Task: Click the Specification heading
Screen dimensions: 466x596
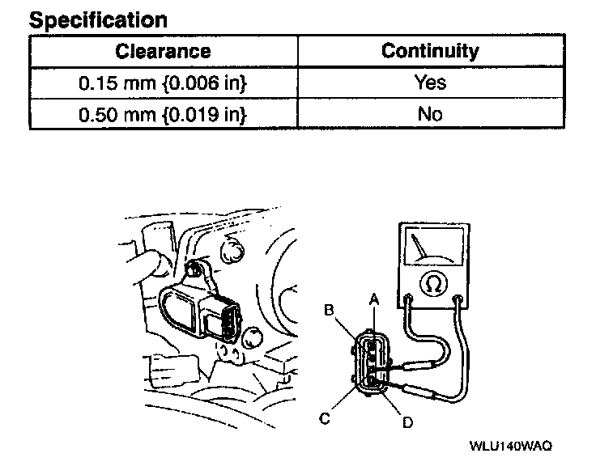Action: (98, 20)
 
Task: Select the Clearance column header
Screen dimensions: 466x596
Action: (163, 51)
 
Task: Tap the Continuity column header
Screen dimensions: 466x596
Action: (430, 51)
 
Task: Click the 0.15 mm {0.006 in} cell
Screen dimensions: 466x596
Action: (163, 83)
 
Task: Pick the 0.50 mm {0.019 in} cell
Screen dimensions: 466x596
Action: (163, 114)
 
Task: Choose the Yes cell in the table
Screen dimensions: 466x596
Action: (430, 83)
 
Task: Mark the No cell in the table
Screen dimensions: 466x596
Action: (430, 114)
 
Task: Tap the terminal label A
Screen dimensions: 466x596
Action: (374, 298)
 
